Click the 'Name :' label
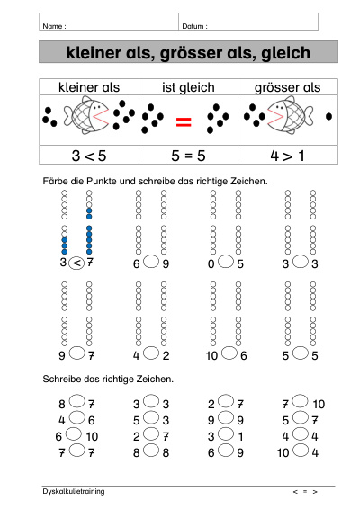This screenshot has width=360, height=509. (x=54, y=26)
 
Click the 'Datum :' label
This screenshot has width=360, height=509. (x=194, y=26)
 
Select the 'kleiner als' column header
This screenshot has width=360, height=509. (x=89, y=87)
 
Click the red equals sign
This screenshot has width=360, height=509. (x=184, y=121)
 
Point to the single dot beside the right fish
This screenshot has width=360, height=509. (x=328, y=116)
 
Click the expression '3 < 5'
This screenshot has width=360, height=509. (x=89, y=156)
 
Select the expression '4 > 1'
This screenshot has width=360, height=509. (x=287, y=156)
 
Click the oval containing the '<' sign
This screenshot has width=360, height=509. (x=76, y=263)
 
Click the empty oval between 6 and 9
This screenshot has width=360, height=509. (x=151, y=262)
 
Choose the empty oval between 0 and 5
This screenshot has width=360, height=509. (x=226, y=262)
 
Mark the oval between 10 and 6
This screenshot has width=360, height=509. (x=229, y=353)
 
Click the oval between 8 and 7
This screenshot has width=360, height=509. (x=77, y=401)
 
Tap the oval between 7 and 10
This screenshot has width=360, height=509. (x=300, y=401)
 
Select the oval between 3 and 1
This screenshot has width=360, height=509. (x=226, y=433)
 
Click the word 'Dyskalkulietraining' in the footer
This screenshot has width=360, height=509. (x=74, y=491)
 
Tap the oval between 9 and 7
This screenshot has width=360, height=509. (x=77, y=353)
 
